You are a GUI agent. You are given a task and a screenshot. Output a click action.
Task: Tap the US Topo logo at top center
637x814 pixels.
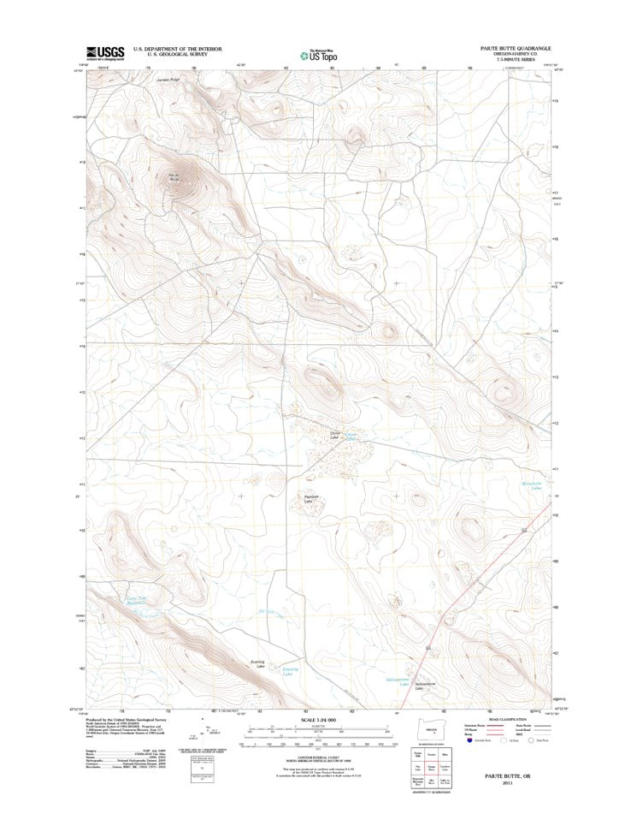(x=318, y=53)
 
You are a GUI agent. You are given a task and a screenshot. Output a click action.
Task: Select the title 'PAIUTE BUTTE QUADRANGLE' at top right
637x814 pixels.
(x=512, y=49)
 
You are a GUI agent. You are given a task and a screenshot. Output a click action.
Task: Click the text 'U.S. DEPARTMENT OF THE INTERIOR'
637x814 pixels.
(x=177, y=49)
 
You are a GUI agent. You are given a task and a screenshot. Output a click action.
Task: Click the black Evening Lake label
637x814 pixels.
(x=257, y=664)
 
